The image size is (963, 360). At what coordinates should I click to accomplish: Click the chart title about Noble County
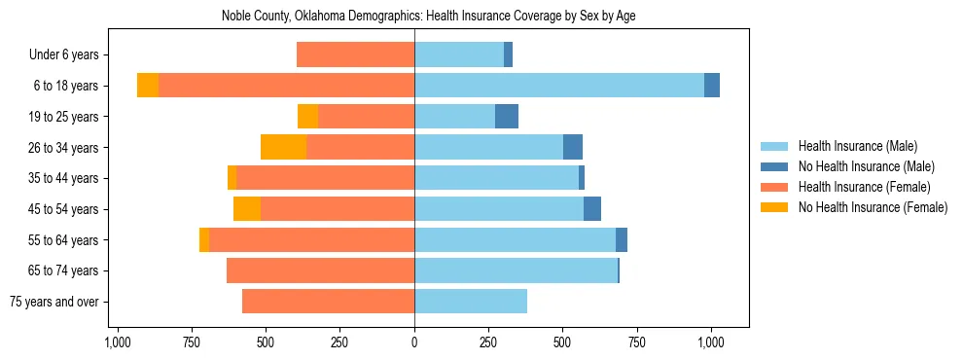(x=428, y=17)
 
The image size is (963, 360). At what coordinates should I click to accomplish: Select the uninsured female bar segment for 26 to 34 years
(x=283, y=147)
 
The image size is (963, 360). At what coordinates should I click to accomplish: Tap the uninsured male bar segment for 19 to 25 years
(x=507, y=117)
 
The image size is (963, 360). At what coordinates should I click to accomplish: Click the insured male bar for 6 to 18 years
(x=559, y=86)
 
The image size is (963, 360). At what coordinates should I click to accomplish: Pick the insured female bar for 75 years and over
(x=328, y=302)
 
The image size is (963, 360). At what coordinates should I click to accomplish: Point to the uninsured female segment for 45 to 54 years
(x=247, y=209)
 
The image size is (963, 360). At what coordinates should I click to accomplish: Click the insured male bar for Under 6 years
(x=459, y=54)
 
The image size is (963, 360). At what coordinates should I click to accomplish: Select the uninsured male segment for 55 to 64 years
(x=622, y=239)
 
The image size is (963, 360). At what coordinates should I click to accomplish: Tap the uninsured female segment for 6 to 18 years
(x=148, y=86)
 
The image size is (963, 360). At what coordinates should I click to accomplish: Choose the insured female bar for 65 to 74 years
(x=320, y=270)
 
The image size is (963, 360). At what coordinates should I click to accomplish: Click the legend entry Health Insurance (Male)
(x=857, y=146)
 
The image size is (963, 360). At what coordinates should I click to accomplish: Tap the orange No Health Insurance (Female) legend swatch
(x=775, y=207)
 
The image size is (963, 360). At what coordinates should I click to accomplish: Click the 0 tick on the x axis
(x=414, y=342)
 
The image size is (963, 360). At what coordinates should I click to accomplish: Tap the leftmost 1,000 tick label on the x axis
(x=118, y=342)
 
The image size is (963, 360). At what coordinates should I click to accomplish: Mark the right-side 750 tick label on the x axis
(x=636, y=342)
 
